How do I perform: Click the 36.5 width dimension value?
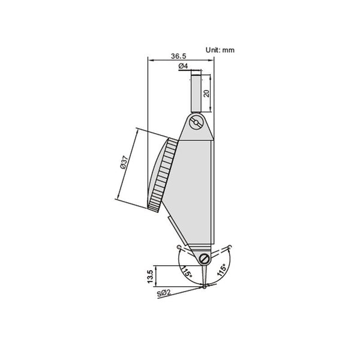point(178,56)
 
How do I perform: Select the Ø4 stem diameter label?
point(184,66)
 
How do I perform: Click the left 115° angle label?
point(187,271)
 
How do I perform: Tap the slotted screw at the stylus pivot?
point(206,259)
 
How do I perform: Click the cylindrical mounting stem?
point(196,93)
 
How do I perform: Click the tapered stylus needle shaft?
point(205,274)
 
